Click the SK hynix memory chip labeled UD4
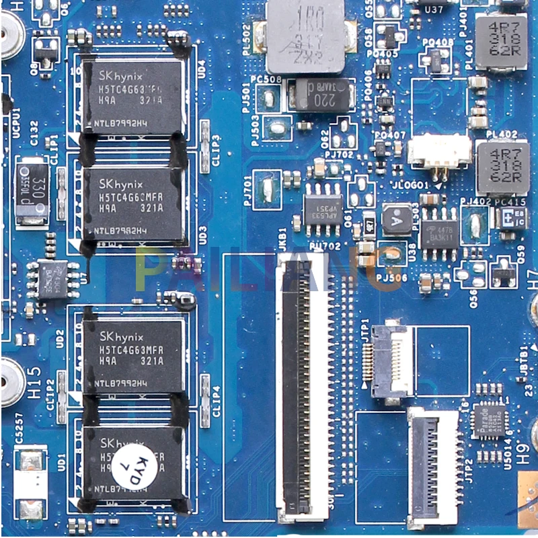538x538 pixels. click(132, 95)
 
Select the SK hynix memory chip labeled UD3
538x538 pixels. click(132, 204)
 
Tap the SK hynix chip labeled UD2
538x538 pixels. click(132, 355)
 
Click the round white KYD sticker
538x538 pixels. click(146, 463)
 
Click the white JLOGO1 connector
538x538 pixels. click(438, 151)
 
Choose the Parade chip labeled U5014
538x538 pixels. click(489, 421)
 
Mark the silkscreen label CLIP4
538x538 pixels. click(217, 401)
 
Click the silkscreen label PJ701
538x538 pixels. click(247, 190)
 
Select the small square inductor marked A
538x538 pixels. click(397, 219)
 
